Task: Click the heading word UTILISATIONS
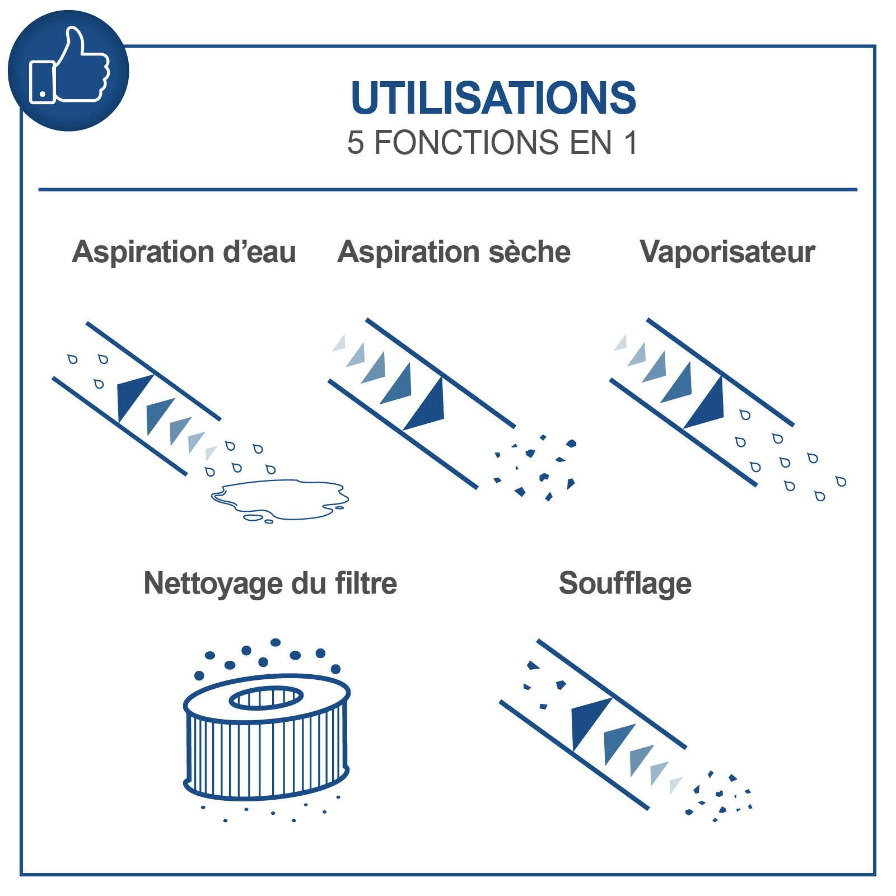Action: tap(493, 98)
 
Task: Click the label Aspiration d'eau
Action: tap(184, 252)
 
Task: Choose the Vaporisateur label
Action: tap(727, 252)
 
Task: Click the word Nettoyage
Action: tap(213, 584)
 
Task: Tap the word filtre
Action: tap(367, 584)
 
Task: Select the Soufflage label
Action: tap(625, 584)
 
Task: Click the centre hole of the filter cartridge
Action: tap(267, 698)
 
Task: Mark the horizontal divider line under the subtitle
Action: tap(448, 190)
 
